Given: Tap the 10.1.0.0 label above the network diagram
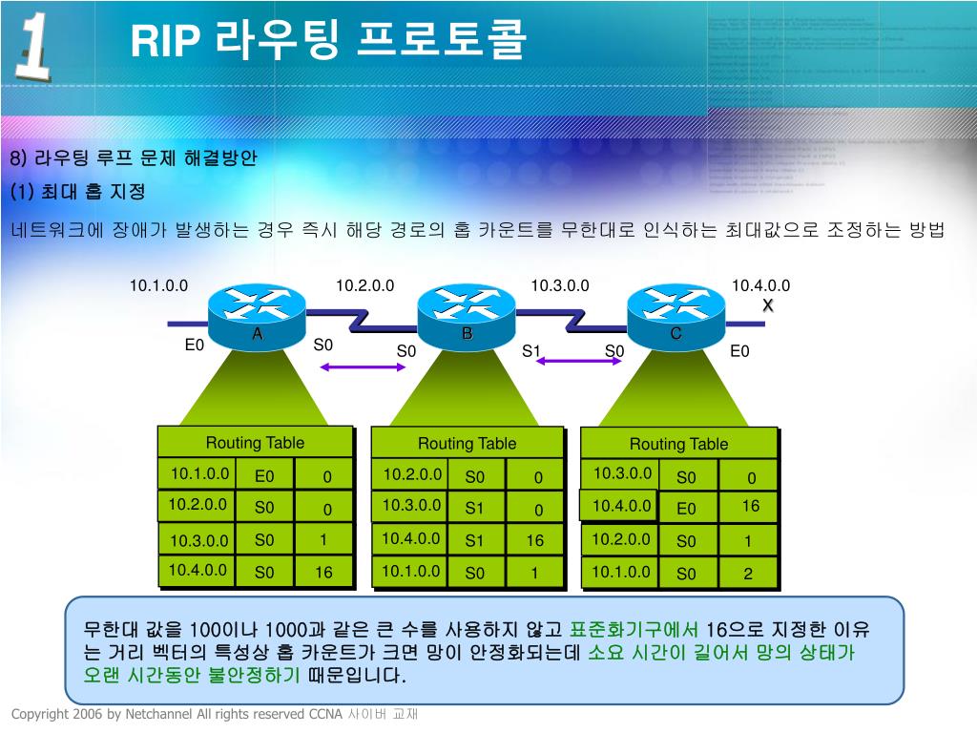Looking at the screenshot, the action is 159,286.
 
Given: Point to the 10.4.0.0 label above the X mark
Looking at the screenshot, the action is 760,286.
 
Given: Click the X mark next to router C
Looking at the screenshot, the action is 767,305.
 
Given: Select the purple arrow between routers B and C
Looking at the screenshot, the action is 572,361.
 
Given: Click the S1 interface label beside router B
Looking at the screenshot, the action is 531,351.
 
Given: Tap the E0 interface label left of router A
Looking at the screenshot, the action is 195,345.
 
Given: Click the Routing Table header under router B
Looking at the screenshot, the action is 467,444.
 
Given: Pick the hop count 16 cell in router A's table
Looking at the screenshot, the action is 323,573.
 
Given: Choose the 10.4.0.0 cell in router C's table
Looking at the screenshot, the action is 621,506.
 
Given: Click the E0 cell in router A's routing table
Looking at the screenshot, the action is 264,476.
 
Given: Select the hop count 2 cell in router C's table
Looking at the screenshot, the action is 748,574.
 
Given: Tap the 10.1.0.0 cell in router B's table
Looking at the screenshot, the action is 411,571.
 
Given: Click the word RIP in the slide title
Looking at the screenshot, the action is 164,41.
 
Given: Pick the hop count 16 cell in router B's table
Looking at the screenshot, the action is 534,540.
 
